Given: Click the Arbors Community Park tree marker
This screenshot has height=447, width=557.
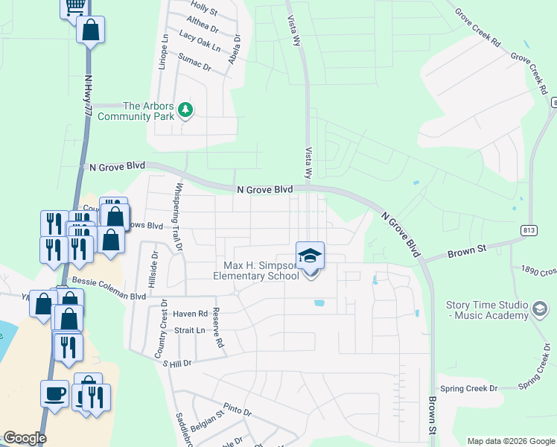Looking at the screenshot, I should pyautogui.click(x=185, y=111).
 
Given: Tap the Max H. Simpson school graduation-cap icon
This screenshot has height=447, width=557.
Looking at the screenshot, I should pyautogui.click(x=310, y=256).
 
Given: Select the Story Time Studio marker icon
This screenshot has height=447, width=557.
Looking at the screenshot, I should pyautogui.click(x=540, y=308).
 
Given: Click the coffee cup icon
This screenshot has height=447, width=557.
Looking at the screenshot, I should pyautogui.click(x=56, y=392).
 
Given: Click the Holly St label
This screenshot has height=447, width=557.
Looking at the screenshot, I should pyautogui.click(x=204, y=12).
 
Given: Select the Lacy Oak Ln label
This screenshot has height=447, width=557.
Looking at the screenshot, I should pyautogui.click(x=201, y=40).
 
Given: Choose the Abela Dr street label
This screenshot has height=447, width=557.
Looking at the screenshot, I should pyautogui.click(x=235, y=50).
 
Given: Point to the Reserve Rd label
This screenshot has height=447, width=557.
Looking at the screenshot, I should pyautogui.click(x=217, y=328).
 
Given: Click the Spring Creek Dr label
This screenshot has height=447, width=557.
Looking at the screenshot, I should pyautogui.click(x=468, y=389).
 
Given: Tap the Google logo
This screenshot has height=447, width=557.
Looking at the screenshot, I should pyautogui.click(x=25, y=437).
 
